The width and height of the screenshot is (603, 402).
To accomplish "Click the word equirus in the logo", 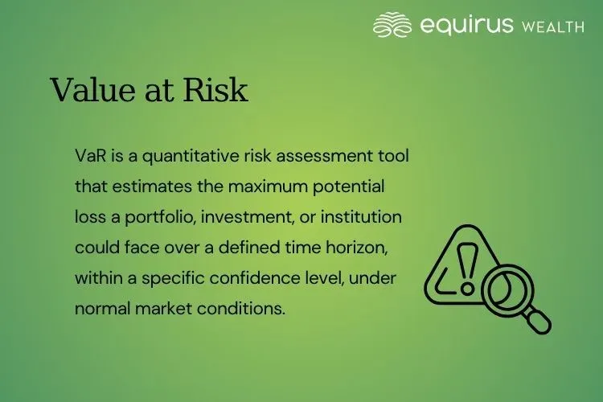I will pos(466,26).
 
